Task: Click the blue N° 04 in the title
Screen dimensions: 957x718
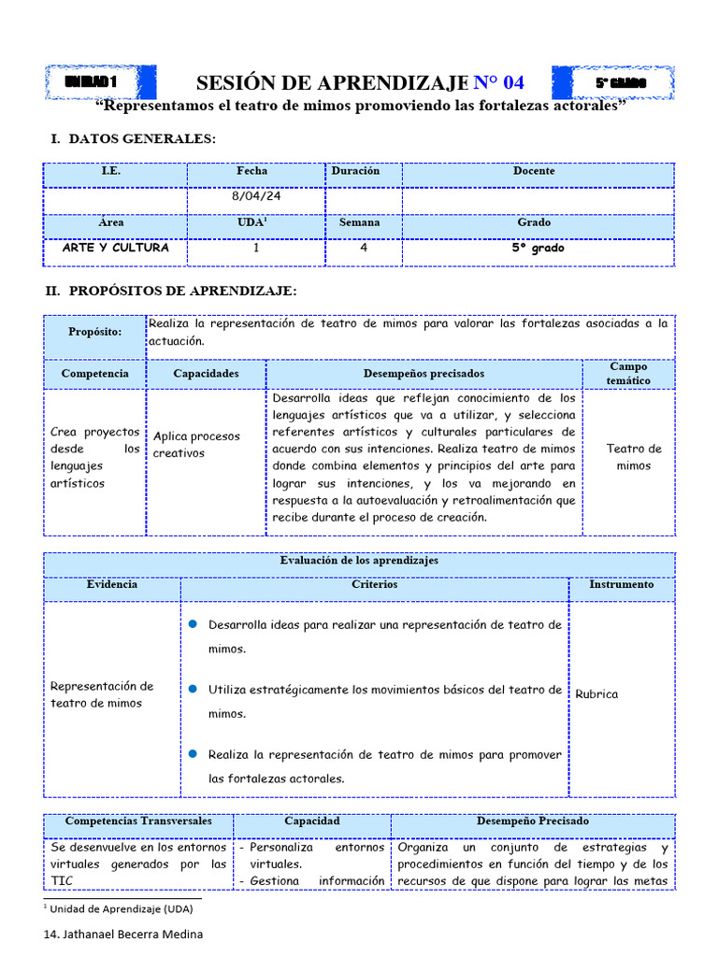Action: coord(506,83)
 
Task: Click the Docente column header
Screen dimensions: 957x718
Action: coord(534,171)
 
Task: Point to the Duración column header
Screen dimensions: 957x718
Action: coord(355,171)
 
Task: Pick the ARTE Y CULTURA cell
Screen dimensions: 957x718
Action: coord(115,249)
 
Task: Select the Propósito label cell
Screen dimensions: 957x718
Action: coord(94,332)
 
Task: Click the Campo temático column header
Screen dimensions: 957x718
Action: coord(628,374)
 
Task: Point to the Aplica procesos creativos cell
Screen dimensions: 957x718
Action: coord(197,445)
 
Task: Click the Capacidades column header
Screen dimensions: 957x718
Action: coord(206,374)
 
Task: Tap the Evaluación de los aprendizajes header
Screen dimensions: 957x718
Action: coord(359,561)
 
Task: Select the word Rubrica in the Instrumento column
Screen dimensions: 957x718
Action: coord(596,694)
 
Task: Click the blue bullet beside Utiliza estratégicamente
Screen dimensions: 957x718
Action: coord(193,689)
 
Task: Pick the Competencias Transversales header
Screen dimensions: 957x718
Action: coord(138,821)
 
